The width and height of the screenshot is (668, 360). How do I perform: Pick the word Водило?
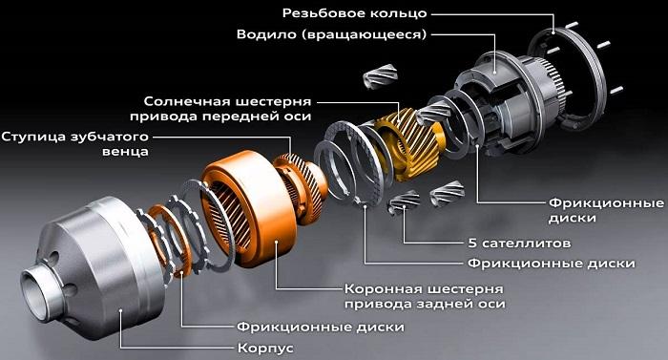point(267,34)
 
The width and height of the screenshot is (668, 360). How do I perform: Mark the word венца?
point(123,151)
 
